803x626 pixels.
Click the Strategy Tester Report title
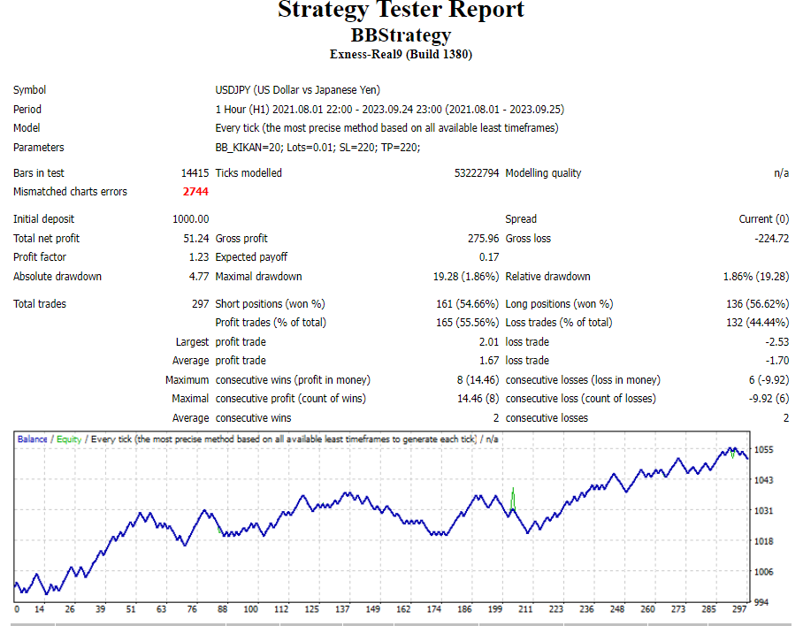(401, 11)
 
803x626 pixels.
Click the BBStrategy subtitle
(401, 35)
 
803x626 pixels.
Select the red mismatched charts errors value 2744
(195, 192)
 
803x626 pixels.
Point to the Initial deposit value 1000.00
(191, 219)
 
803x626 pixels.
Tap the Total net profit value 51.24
(196, 239)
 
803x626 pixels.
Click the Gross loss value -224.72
(767, 239)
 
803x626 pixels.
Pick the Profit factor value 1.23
(199, 257)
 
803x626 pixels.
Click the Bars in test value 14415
(195, 173)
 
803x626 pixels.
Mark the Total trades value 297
(200, 304)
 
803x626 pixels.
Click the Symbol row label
(29, 90)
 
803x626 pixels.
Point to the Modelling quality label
(543, 173)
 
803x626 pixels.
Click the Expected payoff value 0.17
(489, 257)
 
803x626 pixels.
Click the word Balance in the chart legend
(33, 439)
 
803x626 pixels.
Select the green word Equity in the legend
(69, 439)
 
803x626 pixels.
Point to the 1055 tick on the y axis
(764, 450)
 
